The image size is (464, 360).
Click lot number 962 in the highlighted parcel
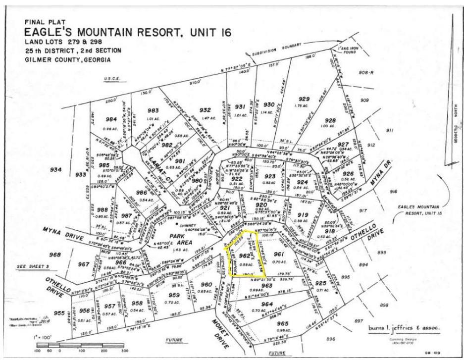pyautogui.click(x=243, y=256)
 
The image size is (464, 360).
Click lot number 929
pyautogui.click(x=304, y=99)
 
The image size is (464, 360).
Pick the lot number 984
pyautogui.click(x=111, y=119)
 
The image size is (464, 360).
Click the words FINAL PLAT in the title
pyautogui.click(x=41, y=22)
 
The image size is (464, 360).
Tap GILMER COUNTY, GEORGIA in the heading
pyautogui.click(x=68, y=60)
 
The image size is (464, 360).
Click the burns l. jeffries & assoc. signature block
pyautogui.click(x=404, y=328)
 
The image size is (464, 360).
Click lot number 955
pyautogui.click(x=59, y=313)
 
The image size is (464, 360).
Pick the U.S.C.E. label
pyautogui.click(x=112, y=79)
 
